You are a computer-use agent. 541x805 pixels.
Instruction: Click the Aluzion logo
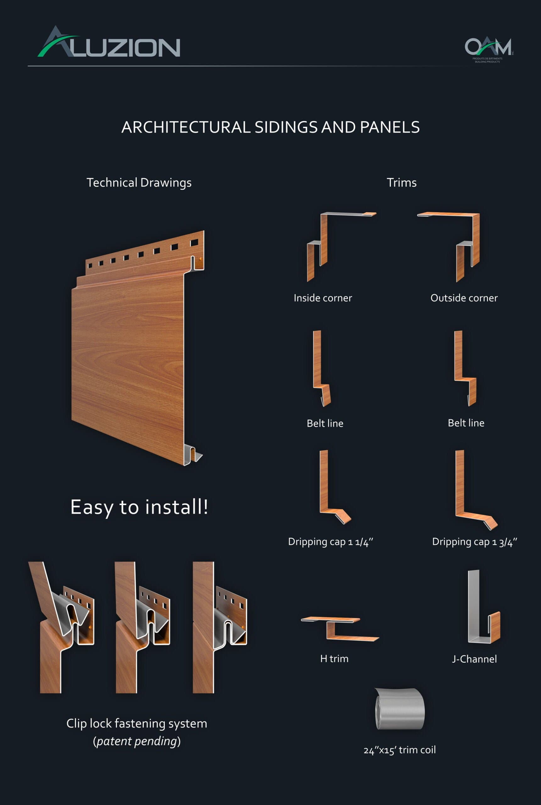coord(109,43)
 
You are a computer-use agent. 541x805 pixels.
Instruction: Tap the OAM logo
coord(488,48)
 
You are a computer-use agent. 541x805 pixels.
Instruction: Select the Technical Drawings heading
coord(139,182)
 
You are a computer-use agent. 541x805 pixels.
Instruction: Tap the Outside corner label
coord(464,298)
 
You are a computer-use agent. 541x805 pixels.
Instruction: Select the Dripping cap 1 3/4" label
coord(474,542)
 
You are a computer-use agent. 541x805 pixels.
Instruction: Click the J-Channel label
coord(474,659)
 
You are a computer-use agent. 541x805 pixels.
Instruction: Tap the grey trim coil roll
coord(400,709)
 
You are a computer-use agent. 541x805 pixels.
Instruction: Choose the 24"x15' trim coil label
coord(399,750)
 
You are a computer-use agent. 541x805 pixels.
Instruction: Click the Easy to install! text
coord(139,507)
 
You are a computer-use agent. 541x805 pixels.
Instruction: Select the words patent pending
coord(137,741)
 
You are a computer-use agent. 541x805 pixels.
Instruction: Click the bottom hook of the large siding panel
coord(193,455)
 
